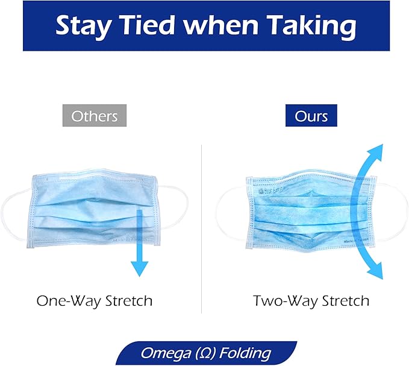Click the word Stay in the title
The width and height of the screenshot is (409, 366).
coord(84,25)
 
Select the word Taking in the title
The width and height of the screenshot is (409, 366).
coord(310,27)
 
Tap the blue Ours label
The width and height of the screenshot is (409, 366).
coord(311,115)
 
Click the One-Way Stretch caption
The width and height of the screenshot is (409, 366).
coord(95,300)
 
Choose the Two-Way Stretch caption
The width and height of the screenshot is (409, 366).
coord(311,300)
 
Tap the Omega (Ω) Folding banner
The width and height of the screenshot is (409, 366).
coord(204,353)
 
